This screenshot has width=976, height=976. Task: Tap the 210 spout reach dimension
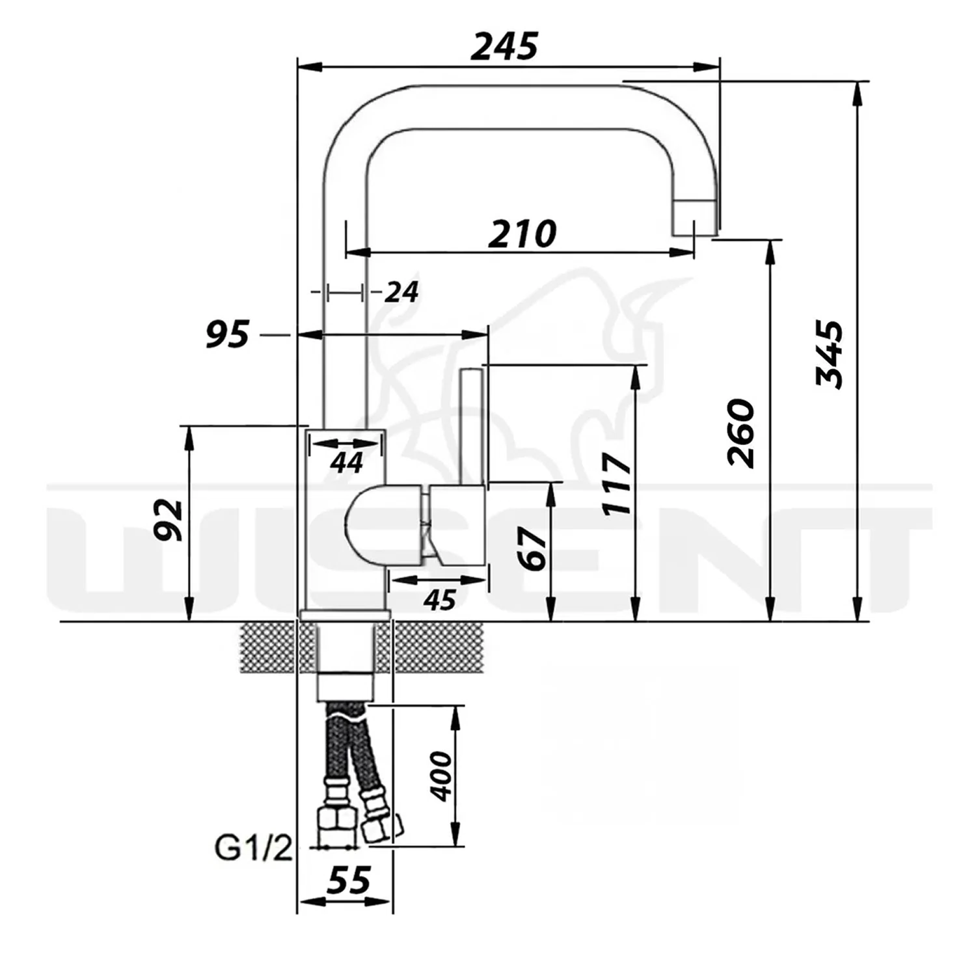pyautogui.click(x=522, y=234)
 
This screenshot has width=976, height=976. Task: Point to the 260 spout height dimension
pyautogui.click(x=741, y=433)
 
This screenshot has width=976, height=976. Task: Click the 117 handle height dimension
pyautogui.click(x=617, y=483)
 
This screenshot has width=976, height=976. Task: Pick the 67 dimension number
pyautogui.click(x=535, y=549)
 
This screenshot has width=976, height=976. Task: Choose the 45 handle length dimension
pyautogui.click(x=439, y=600)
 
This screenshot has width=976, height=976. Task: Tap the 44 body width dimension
pyautogui.click(x=346, y=463)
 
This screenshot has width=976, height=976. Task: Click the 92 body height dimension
pyautogui.click(x=169, y=520)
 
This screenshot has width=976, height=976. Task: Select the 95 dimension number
pyautogui.click(x=228, y=334)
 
